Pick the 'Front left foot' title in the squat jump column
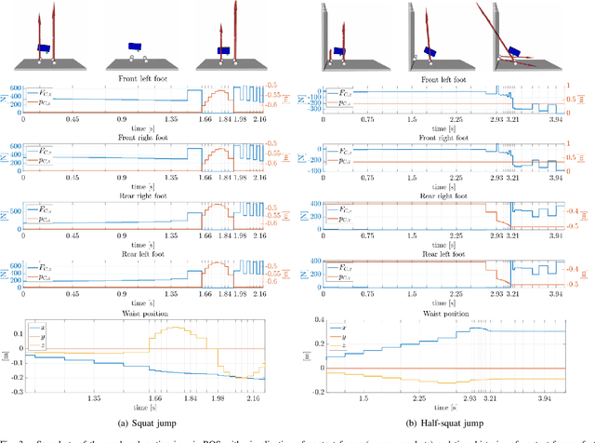[148, 79]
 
